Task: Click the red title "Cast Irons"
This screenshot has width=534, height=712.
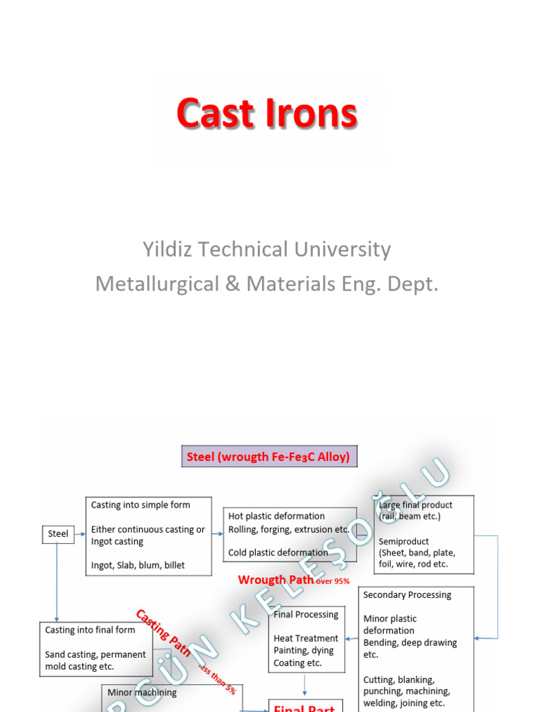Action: (x=266, y=114)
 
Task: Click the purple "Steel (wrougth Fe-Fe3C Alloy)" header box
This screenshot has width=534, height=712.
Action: (x=269, y=457)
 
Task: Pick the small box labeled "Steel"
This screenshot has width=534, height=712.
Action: (x=58, y=533)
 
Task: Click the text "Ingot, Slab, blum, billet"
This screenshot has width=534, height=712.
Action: (x=138, y=565)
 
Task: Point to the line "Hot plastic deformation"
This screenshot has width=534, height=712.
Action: (x=276, y=516)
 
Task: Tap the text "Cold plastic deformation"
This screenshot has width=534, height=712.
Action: (x=277, y=553)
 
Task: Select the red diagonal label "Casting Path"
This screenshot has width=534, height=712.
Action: (x=163, y=632)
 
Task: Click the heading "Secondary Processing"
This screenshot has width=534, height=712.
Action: (x=407, y=595)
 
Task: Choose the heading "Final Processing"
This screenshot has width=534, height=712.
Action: (x=306, y=615)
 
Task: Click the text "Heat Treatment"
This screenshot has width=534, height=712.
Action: (x=306, y=638)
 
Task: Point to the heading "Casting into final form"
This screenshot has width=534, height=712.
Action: (x=90, y=630)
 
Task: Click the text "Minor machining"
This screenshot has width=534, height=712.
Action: (x=142, y=693)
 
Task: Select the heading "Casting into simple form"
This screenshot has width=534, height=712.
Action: (x=140, y=505)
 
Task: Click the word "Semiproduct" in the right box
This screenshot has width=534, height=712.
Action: (x=403, y=541)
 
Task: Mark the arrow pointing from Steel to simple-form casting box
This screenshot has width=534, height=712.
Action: (x=79, y=533)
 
